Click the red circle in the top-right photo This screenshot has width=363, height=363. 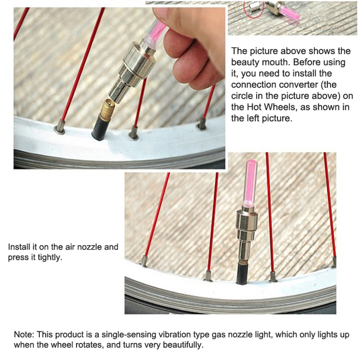(x=254, y=9)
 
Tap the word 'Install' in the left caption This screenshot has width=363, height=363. (x=19, y=247)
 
